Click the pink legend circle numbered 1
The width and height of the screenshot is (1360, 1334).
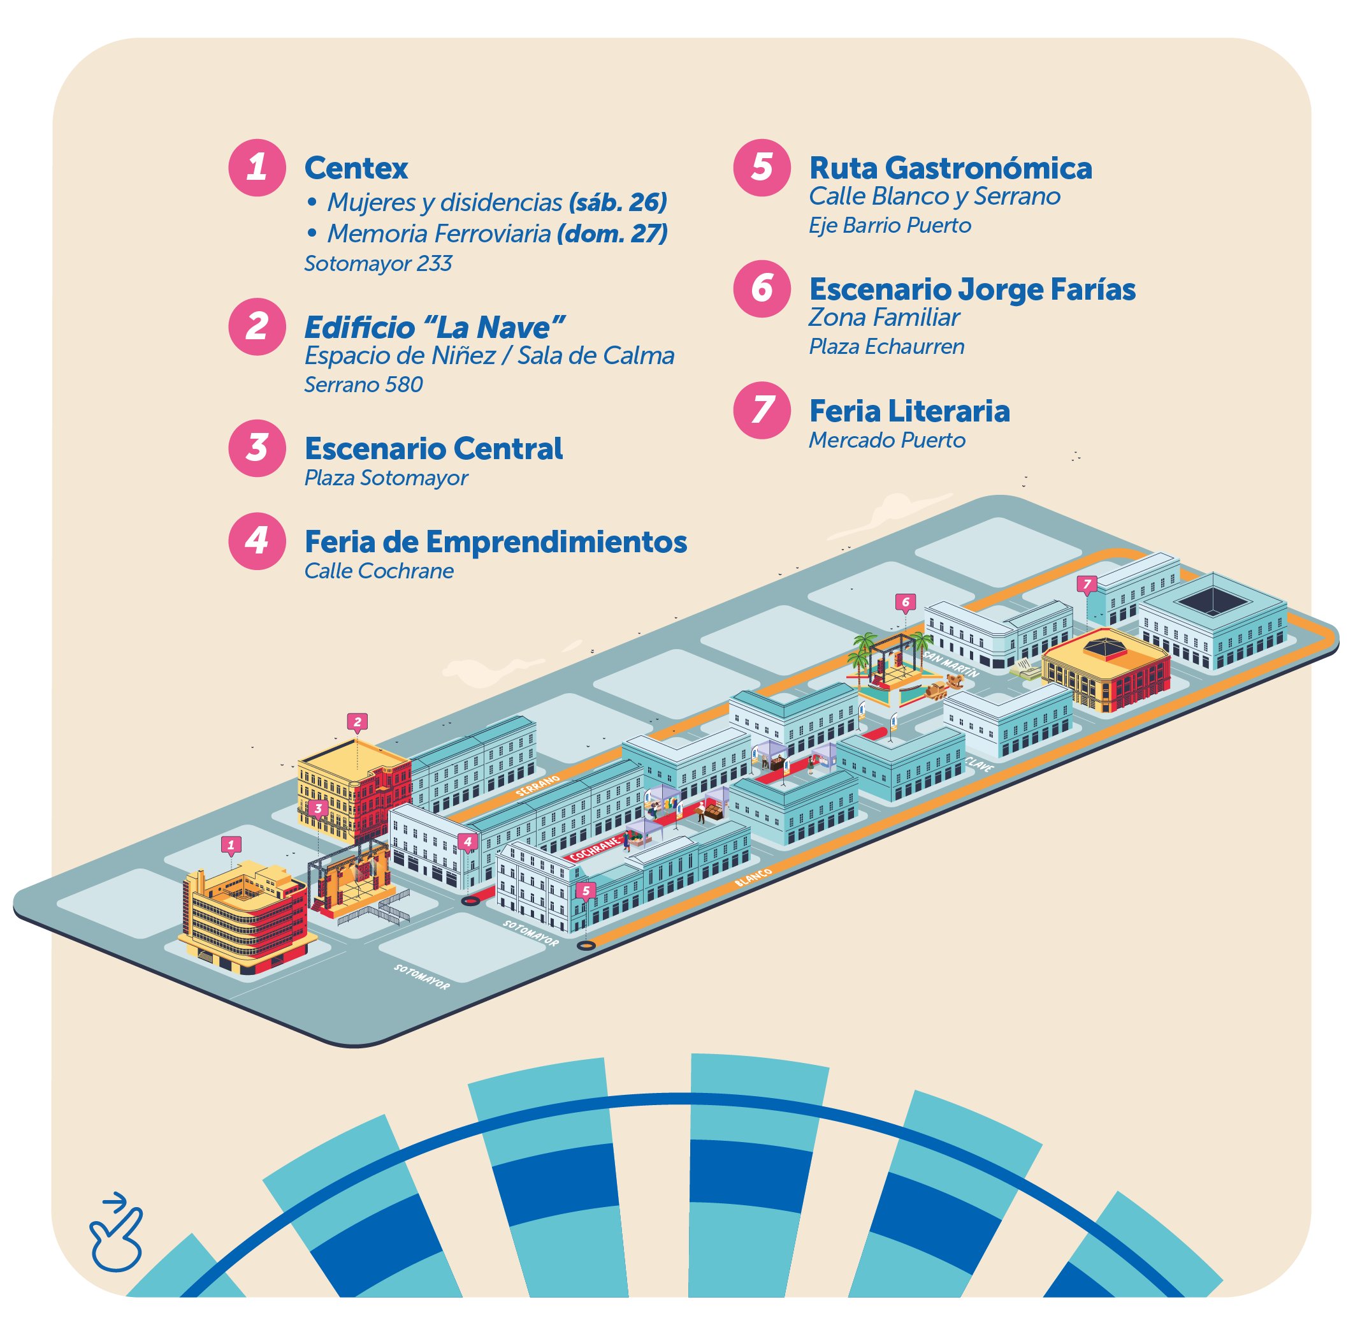click(257, 167)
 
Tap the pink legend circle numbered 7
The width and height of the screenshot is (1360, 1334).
click(762, 410)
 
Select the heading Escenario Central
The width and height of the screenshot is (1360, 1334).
click(433, 448)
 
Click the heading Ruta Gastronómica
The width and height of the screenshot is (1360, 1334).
click(950, 168)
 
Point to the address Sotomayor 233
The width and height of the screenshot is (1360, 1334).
click(378, 263)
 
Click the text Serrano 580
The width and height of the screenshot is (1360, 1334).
click(363, 385)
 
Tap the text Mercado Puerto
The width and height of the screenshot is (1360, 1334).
click(887, 440)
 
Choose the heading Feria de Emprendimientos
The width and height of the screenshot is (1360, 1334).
click(496, 541)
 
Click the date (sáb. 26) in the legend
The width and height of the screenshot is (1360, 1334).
click(618, 203)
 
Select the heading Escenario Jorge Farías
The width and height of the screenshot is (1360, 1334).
click(972, 290)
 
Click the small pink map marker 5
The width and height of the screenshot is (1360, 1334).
click(586, 890)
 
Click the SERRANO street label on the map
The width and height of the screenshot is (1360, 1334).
click(538, 786)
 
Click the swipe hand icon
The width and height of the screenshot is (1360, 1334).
click(115, 1235)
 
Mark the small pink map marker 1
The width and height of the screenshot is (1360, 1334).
click(231, 846)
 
